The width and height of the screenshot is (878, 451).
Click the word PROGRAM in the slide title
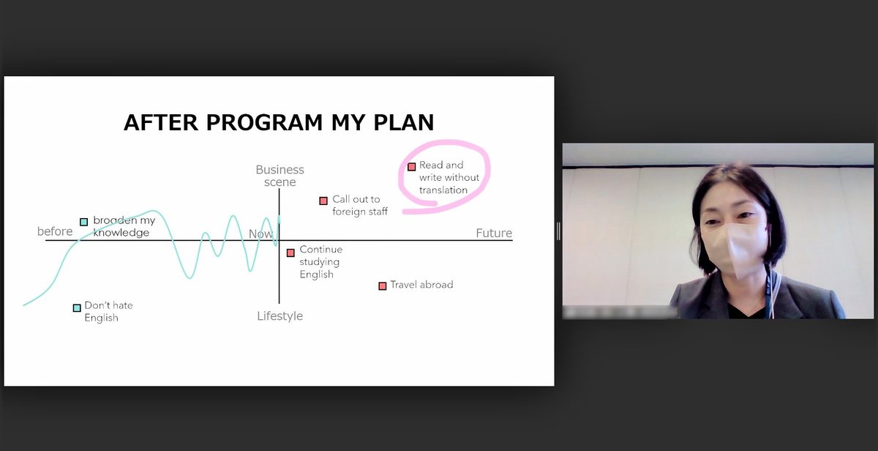coord(264,122)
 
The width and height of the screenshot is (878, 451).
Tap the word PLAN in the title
coord(404,122)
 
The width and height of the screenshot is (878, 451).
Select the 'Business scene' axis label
coord(279,176)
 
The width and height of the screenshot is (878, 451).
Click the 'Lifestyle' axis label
coord(279,316)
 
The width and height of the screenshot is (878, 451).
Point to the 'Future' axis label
coord(494,233)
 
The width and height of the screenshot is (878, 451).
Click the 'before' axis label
coord(55,231)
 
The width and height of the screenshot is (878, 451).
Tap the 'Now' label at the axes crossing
coord(260,234)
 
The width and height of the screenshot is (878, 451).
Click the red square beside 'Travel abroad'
coord(383,286)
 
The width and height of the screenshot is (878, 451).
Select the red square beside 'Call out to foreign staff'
coord(323,201)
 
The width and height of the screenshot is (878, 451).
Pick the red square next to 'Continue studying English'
coord(290,253)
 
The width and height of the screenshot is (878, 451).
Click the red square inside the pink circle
coord(411,167)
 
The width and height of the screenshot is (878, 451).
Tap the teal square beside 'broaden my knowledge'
coord(84,222)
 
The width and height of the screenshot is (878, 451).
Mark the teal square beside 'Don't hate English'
coord(77,307)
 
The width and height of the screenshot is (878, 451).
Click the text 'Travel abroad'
coord(421,285)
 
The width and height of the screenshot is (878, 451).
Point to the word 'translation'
coord(443,190)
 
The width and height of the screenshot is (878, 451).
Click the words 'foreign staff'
coord(360,212)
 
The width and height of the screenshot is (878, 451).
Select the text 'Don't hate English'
coord(108,311)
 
